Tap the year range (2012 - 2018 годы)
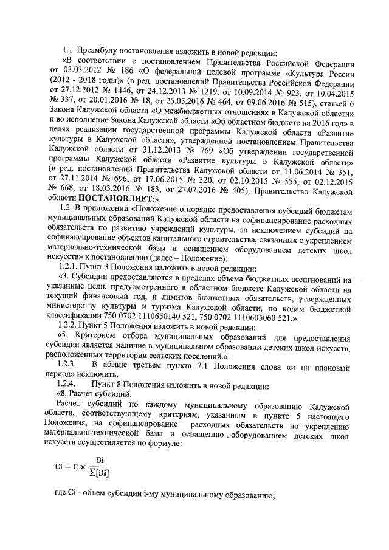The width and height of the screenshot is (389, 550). pyautogui.click(x=83, y=83)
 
